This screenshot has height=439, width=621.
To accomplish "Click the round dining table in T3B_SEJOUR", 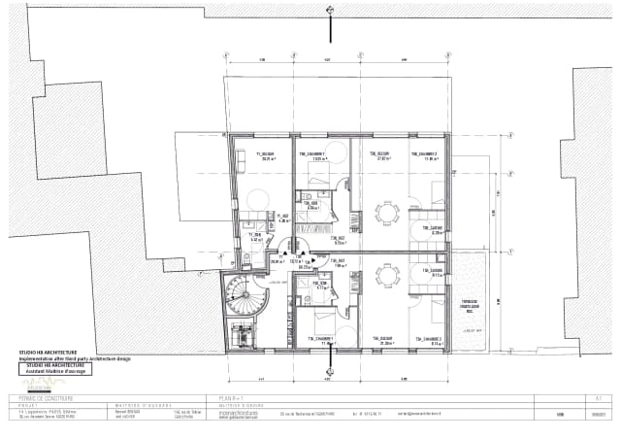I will click(x=387, y=211).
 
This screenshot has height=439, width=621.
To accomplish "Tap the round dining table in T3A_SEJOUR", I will click(x=387, y=275).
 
